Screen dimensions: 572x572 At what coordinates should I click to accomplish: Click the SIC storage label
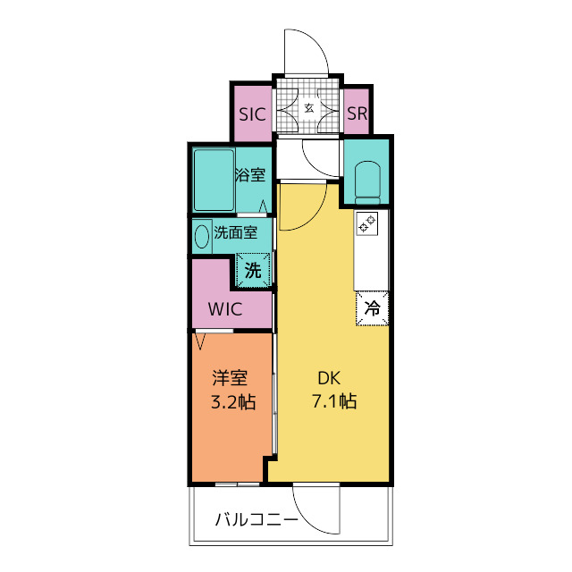253,114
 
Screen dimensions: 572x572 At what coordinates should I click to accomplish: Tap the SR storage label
357,114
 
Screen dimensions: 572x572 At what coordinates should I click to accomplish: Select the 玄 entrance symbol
308,108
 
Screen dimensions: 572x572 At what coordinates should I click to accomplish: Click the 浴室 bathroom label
250,175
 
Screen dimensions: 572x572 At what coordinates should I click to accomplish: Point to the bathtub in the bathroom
213,180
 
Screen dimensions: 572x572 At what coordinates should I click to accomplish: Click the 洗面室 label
236,233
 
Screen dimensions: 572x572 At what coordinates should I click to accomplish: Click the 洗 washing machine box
253,271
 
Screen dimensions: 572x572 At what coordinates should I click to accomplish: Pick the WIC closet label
225,310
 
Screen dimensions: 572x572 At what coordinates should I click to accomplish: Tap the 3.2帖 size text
232,401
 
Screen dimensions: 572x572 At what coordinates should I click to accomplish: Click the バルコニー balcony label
256,518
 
